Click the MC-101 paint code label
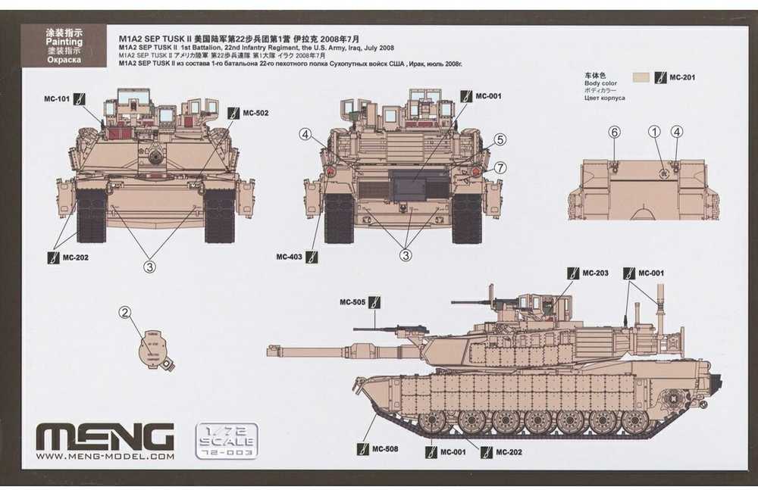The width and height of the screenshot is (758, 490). point(57,98)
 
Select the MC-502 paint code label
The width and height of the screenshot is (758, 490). point(255,113)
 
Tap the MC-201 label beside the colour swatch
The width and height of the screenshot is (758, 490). point(683,77)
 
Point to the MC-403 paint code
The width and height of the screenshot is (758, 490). point(290,257)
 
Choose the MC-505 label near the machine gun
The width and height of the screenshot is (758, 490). point(354,302)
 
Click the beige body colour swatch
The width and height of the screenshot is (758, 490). point(641,77)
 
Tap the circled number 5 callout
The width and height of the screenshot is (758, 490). point(500,139)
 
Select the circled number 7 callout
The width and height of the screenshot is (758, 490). point(500,167)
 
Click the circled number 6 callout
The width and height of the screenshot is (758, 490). point(615,132)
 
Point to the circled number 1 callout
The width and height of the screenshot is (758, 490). point(653,132)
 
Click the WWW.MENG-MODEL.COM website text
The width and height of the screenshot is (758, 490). point(105,457)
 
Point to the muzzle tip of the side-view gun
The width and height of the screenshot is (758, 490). point(270,350)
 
